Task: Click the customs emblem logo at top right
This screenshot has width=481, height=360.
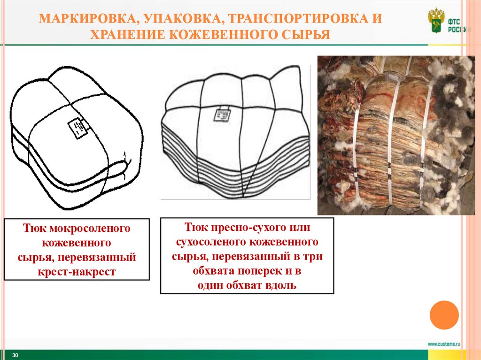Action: pos(436,21)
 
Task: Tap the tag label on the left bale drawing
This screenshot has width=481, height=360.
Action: pos(78,128)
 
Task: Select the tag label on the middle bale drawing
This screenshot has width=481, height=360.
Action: pos(221,115)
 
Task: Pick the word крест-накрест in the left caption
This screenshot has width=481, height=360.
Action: pos(77,272)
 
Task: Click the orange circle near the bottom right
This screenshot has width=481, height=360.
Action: pos(444,315)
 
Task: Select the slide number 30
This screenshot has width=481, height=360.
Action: pos(15,355)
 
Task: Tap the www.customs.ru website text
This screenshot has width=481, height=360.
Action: pos(443,344)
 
